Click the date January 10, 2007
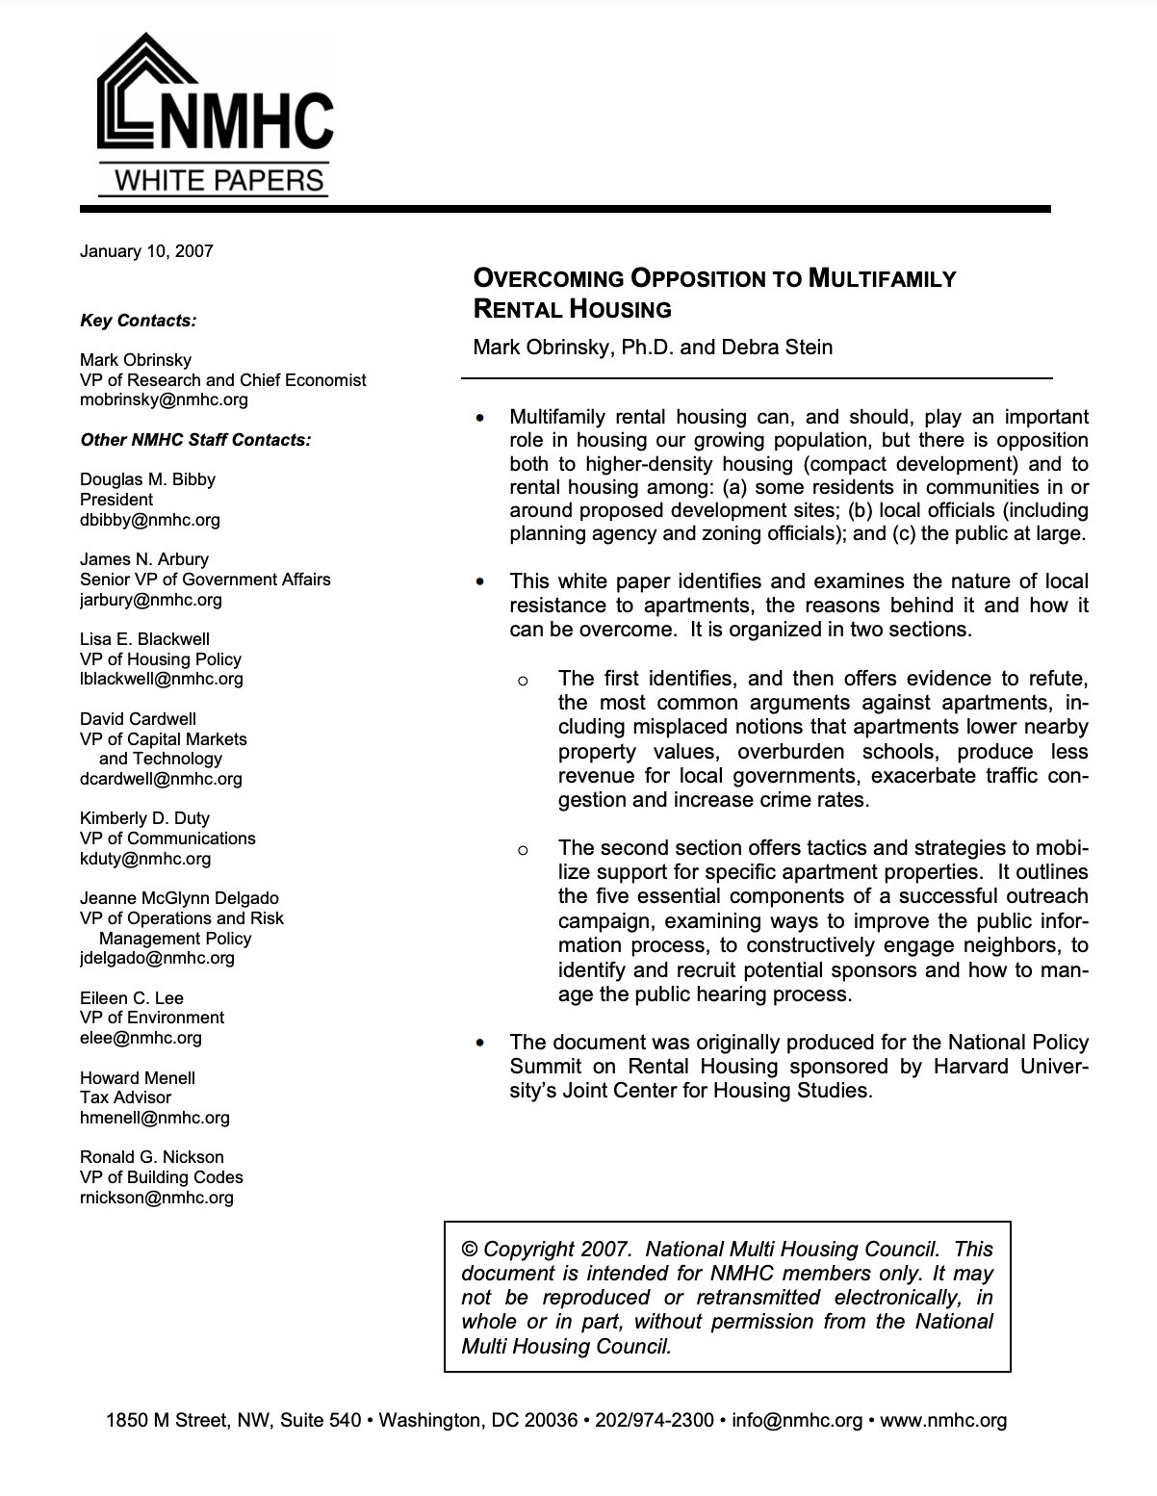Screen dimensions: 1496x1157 [146, 251]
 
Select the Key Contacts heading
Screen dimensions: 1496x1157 [138, 321]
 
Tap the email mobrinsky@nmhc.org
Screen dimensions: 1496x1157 [164, 400]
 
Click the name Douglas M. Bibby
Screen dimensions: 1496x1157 [147, 479]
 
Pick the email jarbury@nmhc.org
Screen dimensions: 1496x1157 [151, 600]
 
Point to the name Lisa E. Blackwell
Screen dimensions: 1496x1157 [144, 639]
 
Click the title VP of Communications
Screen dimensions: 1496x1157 [167, 838]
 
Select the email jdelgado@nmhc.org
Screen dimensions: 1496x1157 [157, 958]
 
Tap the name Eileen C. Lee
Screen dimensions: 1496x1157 [132, 998]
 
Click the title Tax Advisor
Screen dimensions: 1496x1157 [126, 1097]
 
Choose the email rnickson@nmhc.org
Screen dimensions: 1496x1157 [157, 1198]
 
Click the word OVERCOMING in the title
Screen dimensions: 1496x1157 [548, 279]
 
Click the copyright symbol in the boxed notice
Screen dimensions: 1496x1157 [470, 1250]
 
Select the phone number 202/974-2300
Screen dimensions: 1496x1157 [655, 1420]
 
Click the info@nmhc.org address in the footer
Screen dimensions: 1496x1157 [797, 1420]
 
